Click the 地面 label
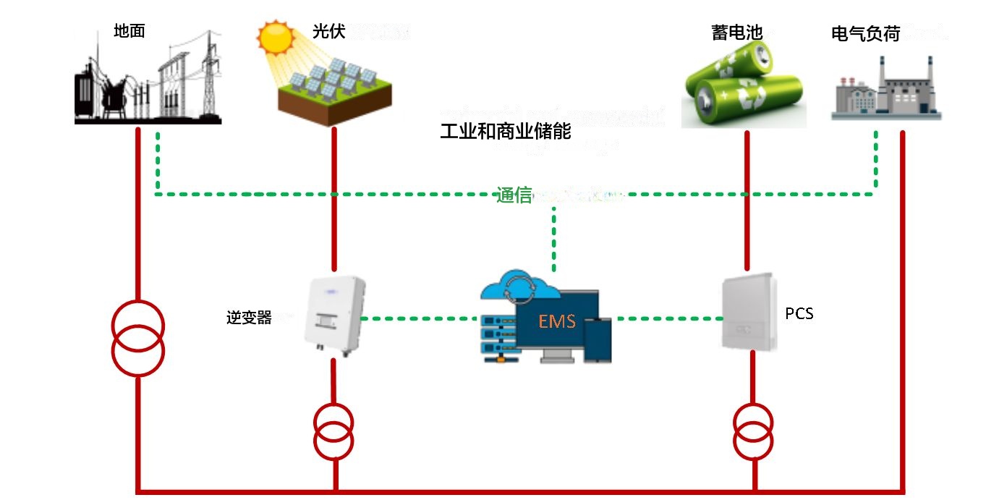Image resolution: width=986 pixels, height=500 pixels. (x=129, y=31)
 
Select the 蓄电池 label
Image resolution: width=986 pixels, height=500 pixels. (x=736, y=33)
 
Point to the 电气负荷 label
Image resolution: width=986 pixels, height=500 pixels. (x=865, y=33)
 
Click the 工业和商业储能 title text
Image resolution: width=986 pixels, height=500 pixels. (x=506, y=132)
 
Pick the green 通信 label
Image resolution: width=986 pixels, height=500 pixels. (x=514, y=195)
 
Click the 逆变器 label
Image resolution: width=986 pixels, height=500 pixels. (x=249, y=318)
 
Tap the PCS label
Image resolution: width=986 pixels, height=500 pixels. (x=799, y=314)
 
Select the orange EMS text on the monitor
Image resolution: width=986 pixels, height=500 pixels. (x=556, y=321)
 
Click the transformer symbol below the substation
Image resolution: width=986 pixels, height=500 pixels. (x=137, y=338)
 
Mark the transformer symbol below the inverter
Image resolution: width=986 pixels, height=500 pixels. (x=333, y=429)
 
